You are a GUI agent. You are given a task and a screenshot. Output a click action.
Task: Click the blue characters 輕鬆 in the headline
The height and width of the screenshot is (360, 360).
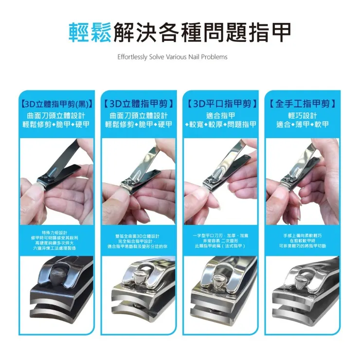(x=90, y=32)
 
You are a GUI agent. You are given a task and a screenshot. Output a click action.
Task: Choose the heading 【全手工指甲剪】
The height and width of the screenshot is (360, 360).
(x=302, y=104)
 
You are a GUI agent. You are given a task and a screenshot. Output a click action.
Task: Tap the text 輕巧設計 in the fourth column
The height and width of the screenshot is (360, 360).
(x=302, y=115)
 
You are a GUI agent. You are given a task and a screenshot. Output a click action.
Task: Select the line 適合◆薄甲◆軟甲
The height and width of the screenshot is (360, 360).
(x=302, y=125)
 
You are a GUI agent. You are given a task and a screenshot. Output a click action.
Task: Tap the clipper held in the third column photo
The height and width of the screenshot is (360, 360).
(x=221, y=168)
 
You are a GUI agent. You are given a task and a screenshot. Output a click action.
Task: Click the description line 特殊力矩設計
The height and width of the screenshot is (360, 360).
(x=57, y=233)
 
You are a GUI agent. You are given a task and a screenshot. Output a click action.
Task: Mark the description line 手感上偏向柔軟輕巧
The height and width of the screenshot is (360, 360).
(x=302, y=235)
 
